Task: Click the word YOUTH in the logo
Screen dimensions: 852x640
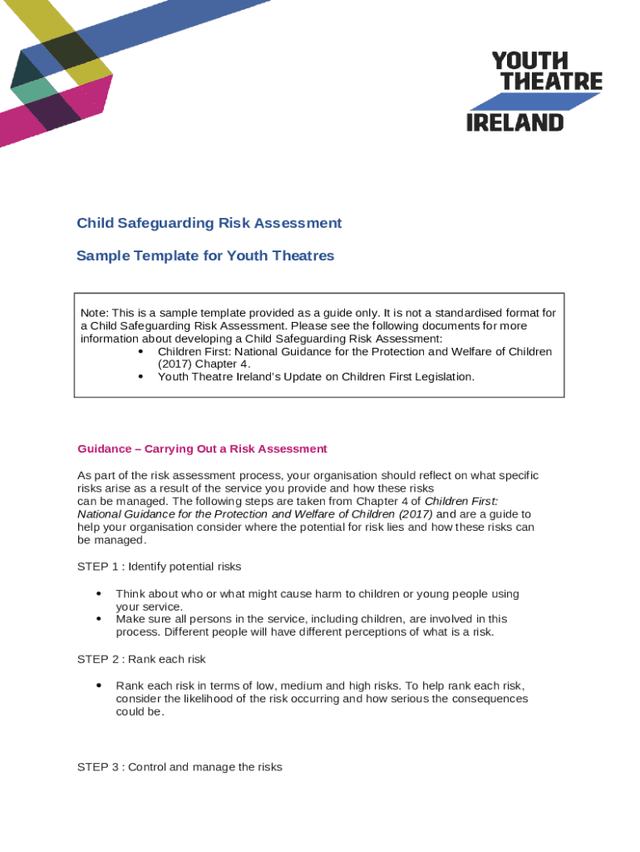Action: coord(530,61)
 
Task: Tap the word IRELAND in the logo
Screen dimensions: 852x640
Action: coord(514,122)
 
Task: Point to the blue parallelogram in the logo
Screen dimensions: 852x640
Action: coord(534,102)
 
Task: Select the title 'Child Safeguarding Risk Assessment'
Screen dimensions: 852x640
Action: coord(209,223)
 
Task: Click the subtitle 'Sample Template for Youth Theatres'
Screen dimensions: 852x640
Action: coord(205,255)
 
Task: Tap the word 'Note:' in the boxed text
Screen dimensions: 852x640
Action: coord(95,313)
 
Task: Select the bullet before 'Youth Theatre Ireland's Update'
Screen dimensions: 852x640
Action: coord(140,377)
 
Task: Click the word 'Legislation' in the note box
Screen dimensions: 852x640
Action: coord(443,377)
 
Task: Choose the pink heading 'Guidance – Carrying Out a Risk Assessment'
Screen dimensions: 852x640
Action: coord(202,449)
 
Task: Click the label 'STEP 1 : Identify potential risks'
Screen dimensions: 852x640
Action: coord(159,567)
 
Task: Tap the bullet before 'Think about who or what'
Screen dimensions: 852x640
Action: coord(99,594)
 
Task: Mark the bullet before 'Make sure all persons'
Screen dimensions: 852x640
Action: coord(99,619)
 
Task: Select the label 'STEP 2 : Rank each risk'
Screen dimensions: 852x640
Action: coord(141,659)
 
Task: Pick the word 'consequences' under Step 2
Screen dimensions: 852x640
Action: coord(489,699)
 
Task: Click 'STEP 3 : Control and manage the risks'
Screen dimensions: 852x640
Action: coord(180,767)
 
